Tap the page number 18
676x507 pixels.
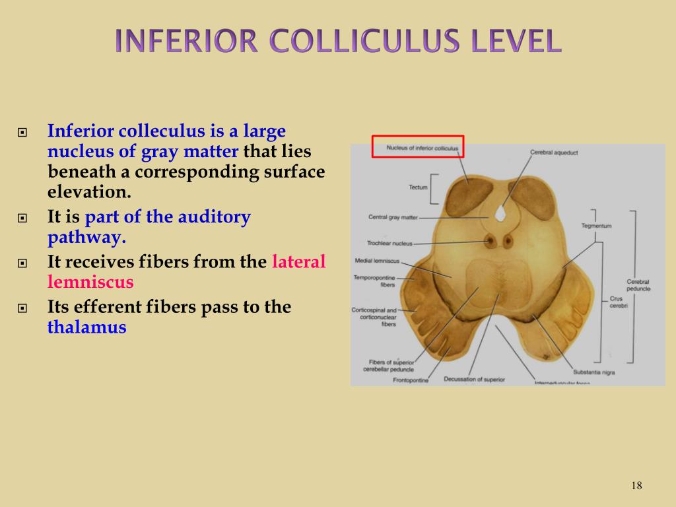point(636,486)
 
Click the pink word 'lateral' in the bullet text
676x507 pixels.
point(299,261)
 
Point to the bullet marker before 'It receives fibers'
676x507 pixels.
point(23,263)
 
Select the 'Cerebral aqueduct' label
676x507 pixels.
point(554,152)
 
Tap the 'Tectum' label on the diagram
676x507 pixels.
point(418,187)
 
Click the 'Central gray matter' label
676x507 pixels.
point(393,217)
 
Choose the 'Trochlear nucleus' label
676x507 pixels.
point(389,243)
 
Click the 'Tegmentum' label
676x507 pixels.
point(596,226)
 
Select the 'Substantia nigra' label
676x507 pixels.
point(593,372)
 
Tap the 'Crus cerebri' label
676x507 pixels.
point(616,302)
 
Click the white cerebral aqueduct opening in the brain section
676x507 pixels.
point(500,213)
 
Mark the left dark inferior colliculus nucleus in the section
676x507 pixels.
point(469,196)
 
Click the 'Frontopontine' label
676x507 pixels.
point(411,380)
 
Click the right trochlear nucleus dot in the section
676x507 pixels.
point(508,241)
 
